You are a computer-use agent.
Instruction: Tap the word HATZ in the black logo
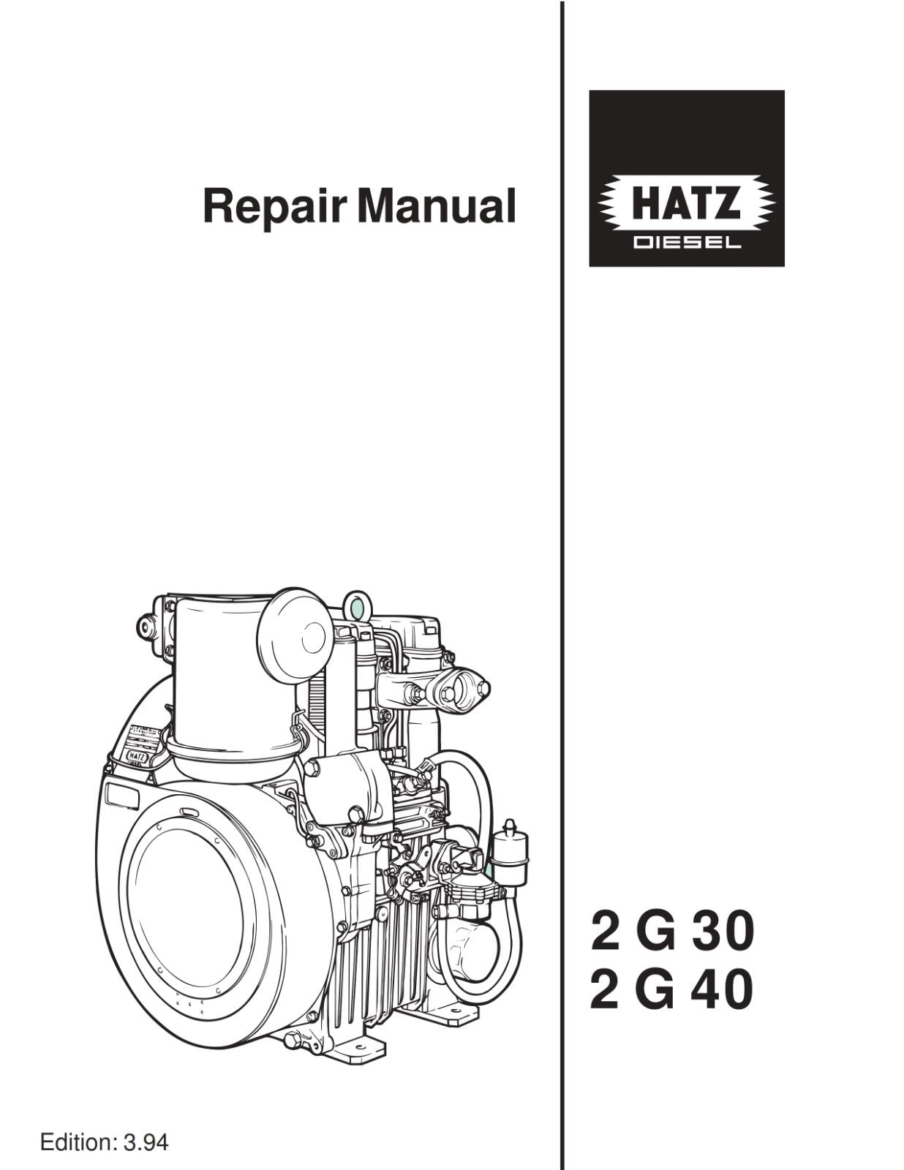click(685, 203)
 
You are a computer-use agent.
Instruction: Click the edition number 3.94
click(145, 1141)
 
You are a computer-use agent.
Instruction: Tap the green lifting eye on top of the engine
click(357, 606)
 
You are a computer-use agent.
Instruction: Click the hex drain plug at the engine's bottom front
click(293, 1040)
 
